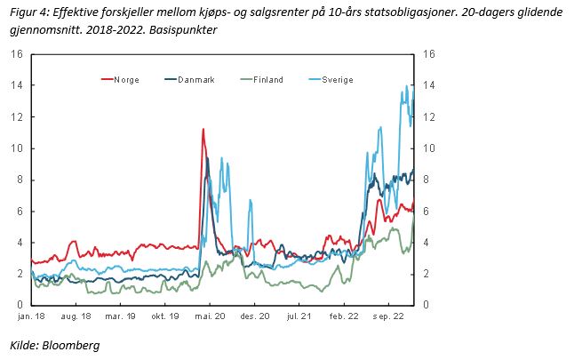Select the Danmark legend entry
(193, 80)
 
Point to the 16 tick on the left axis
(16, 54)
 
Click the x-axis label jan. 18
(31, 316)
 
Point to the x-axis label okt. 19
(165, 316)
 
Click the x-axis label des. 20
(256, 316)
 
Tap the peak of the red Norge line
(203, 130)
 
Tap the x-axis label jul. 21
(300, 316)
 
